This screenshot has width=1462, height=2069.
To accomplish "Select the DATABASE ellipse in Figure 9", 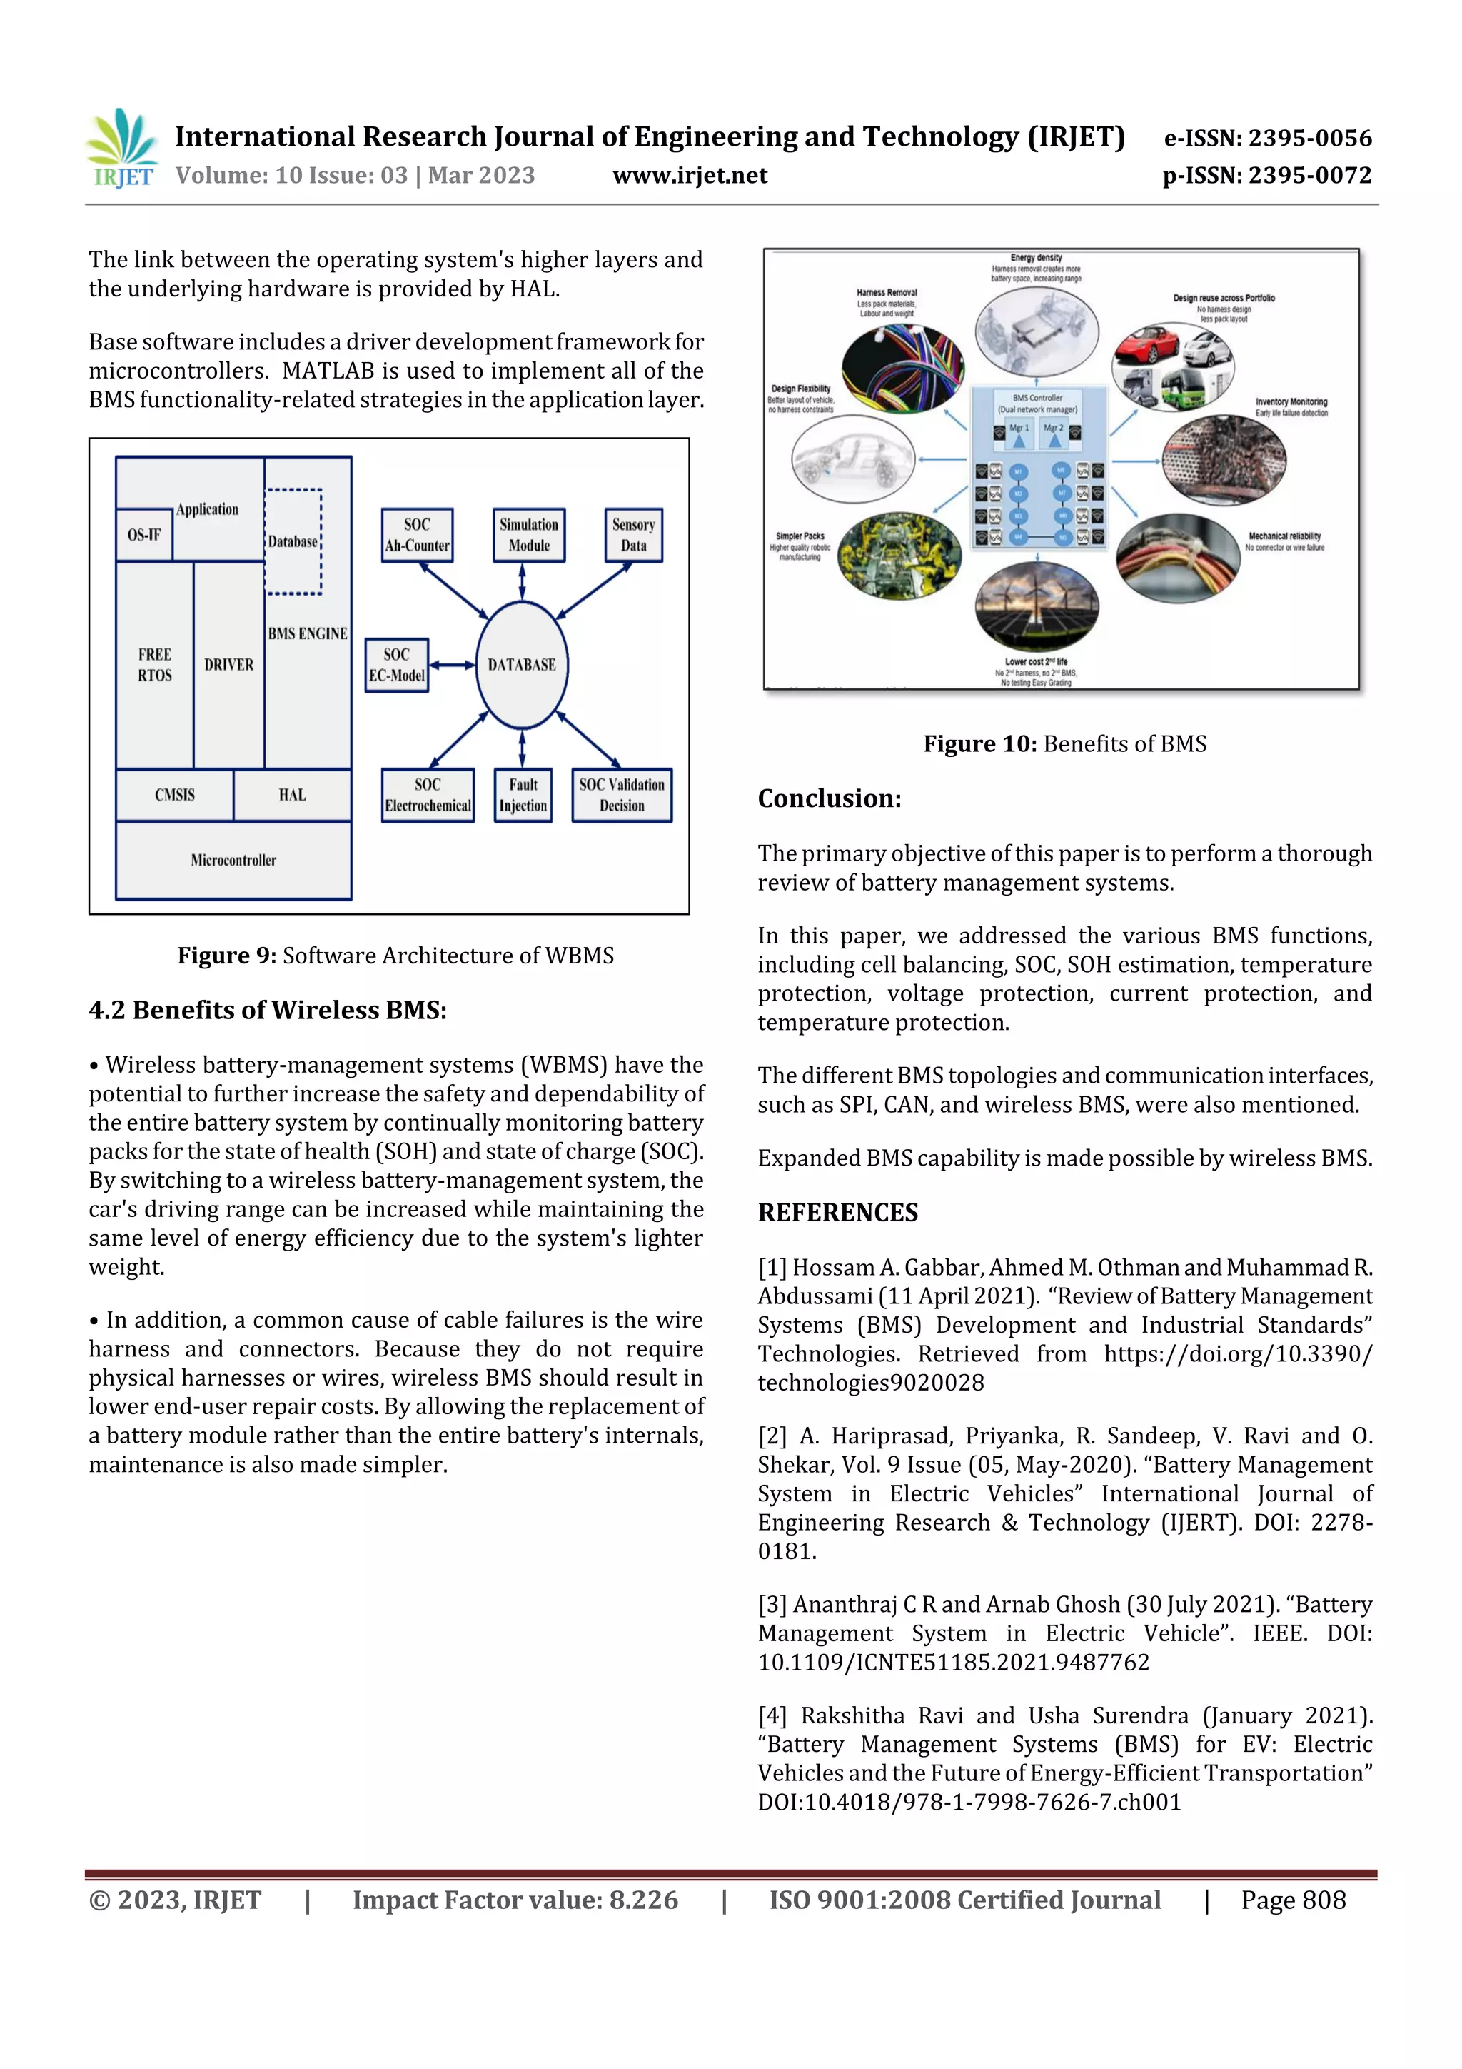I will (x=522, y=665).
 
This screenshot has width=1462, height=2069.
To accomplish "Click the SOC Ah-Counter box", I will (x=416, y=535).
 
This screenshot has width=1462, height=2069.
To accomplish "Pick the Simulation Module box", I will (x=529, y=535).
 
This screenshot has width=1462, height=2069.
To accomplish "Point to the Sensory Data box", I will (x=633, y=535).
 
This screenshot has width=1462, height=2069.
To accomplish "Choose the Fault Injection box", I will (x=523, y=795).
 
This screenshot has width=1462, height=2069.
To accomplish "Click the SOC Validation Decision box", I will (x=622, y=795).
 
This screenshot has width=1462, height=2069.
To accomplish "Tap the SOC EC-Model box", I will (x=396, y=665).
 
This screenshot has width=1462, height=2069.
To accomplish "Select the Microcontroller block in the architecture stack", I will (x=233, y=860).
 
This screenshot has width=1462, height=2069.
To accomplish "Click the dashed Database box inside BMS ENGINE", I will (x=293, y=541).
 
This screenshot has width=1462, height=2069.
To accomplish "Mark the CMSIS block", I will (x=175, y=795).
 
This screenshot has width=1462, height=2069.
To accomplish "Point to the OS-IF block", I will (x=144, y=535).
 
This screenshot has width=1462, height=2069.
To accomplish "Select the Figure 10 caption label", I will (x=980, y=744).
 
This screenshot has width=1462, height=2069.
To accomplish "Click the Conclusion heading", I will (x=829, y=798).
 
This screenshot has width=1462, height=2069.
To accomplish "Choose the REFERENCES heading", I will (x=838, y=1213).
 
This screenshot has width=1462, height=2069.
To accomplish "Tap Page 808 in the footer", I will (x=1293, y=1900).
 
